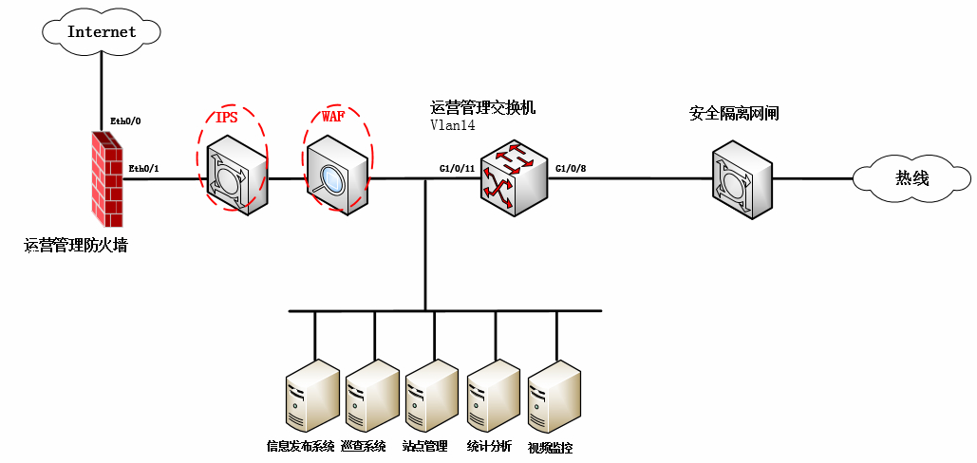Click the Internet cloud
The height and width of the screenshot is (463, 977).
[102, 31]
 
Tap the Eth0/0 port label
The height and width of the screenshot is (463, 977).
[125, 120]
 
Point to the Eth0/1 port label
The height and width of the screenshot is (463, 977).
[143, 169]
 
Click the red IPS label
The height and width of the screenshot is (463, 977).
[227, 118]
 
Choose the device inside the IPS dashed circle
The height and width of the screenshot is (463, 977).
[237, 175]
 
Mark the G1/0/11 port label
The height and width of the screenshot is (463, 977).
[457, 168]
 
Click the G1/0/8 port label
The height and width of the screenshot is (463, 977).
[571, 168]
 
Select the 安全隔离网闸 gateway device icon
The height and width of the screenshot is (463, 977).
[743, 176]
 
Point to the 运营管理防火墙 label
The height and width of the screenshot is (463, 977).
[76, 246]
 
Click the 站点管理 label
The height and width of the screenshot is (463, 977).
[424, 446]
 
